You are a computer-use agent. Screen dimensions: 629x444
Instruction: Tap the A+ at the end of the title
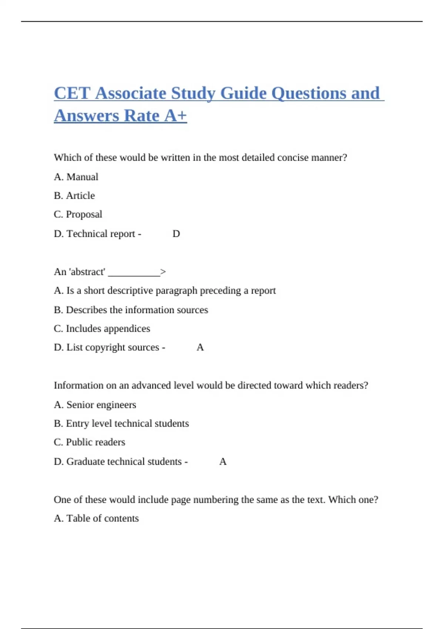tap(176, 116)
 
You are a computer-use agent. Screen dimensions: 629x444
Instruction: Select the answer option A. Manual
tap(76, 177)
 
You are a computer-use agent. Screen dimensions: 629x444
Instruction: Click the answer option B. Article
tap(74, 195)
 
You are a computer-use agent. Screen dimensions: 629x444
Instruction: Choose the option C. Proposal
tap(78, 214)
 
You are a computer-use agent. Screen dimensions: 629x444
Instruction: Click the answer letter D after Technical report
tap(176, 234)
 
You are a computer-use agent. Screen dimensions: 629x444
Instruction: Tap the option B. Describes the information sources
tap(131, 310)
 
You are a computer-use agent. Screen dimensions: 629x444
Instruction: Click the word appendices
tap(127, 329)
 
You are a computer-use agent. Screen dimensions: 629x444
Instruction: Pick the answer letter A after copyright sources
tap(200, 347)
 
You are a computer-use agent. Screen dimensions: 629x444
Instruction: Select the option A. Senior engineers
tap(95, 405)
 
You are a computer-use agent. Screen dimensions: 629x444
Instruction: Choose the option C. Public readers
tap(89, 442)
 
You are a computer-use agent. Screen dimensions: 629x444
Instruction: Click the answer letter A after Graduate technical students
tap(223, 462)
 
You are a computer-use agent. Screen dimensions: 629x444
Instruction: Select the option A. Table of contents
tap(96, 518)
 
